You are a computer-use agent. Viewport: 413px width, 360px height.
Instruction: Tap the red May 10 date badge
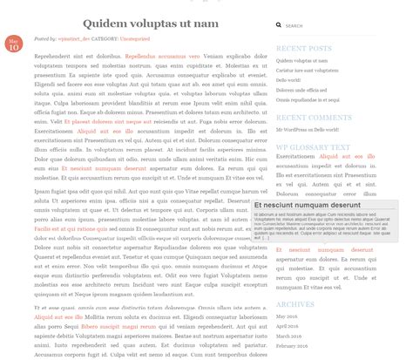(x=14, y=44)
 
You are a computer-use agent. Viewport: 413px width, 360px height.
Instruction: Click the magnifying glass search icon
(x=279, y=26)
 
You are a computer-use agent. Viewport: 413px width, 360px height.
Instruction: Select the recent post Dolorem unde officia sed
(x=301, y=90)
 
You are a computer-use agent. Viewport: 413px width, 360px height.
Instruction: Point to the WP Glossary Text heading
(x=313, y=146)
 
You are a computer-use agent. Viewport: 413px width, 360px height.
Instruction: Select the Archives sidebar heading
(x=295, y=303)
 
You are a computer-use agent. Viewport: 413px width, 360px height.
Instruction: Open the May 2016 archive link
(x=287, y=316)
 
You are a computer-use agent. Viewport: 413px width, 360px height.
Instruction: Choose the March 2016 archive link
(x=289, y=336)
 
